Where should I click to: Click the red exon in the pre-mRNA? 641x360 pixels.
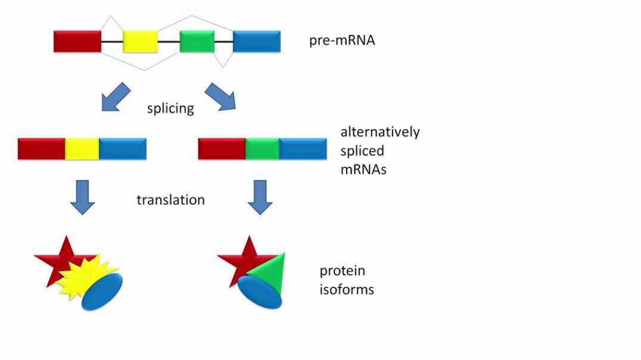pos(77,41)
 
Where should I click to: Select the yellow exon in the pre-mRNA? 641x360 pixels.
pos(141,41)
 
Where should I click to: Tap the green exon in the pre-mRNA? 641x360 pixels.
pos(197,41)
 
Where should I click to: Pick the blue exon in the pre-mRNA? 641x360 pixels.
pos(257,41)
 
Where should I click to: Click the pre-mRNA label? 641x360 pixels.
pos(342,41)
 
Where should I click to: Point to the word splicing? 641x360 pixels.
pos(170,108)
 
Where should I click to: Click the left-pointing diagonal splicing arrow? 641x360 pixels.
pos(116,97)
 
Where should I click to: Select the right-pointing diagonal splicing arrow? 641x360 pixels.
pos(220,97)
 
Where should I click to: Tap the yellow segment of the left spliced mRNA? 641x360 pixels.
pos(82,149)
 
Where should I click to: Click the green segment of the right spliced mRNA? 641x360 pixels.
pos(263,149)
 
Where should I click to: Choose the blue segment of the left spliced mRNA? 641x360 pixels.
pos(123,149)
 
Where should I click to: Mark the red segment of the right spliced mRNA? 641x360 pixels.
pos(222,149)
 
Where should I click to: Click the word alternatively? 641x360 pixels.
pos(380,132)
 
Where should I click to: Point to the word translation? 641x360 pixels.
pos(170,200)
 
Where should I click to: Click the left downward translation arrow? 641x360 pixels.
pos(83,197)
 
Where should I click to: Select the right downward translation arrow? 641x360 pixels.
pos(260,197)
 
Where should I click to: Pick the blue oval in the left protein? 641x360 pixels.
pos(102,291)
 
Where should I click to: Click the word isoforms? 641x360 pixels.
pos(347,290)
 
